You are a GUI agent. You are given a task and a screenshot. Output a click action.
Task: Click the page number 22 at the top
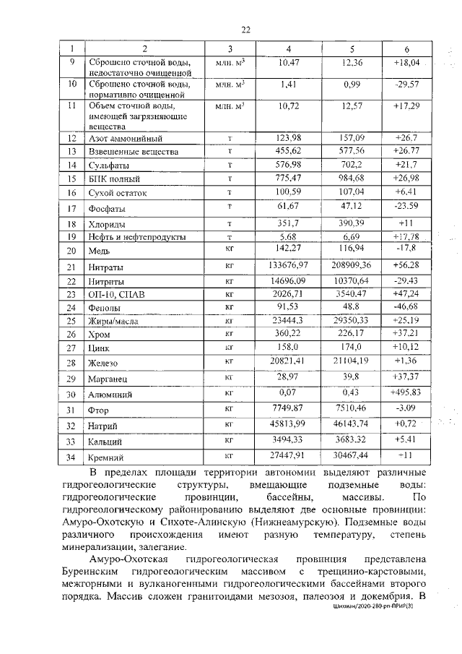[245, 29]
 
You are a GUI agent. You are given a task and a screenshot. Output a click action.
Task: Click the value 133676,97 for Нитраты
[288, 267]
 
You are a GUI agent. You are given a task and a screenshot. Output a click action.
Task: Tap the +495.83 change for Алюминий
[407, 393]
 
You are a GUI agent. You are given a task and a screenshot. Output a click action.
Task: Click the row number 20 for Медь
[71, 251]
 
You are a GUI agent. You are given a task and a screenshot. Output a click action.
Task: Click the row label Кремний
[107, 457]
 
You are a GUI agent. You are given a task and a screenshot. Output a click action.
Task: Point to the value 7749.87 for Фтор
[288, 408]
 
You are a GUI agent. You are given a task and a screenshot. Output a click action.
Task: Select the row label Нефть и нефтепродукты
[136, 236]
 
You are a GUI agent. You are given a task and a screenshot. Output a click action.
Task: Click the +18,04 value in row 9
[407, 63]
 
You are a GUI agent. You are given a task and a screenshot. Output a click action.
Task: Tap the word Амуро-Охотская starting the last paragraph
[134, 561]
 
